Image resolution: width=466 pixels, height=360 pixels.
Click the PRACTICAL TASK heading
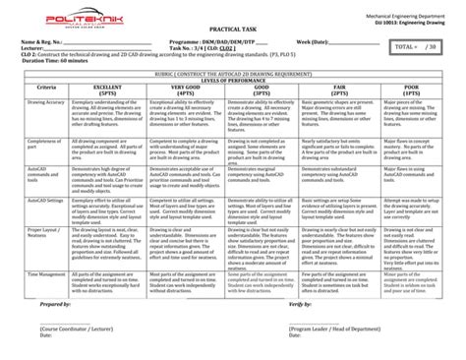click(x=232, y=31)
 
